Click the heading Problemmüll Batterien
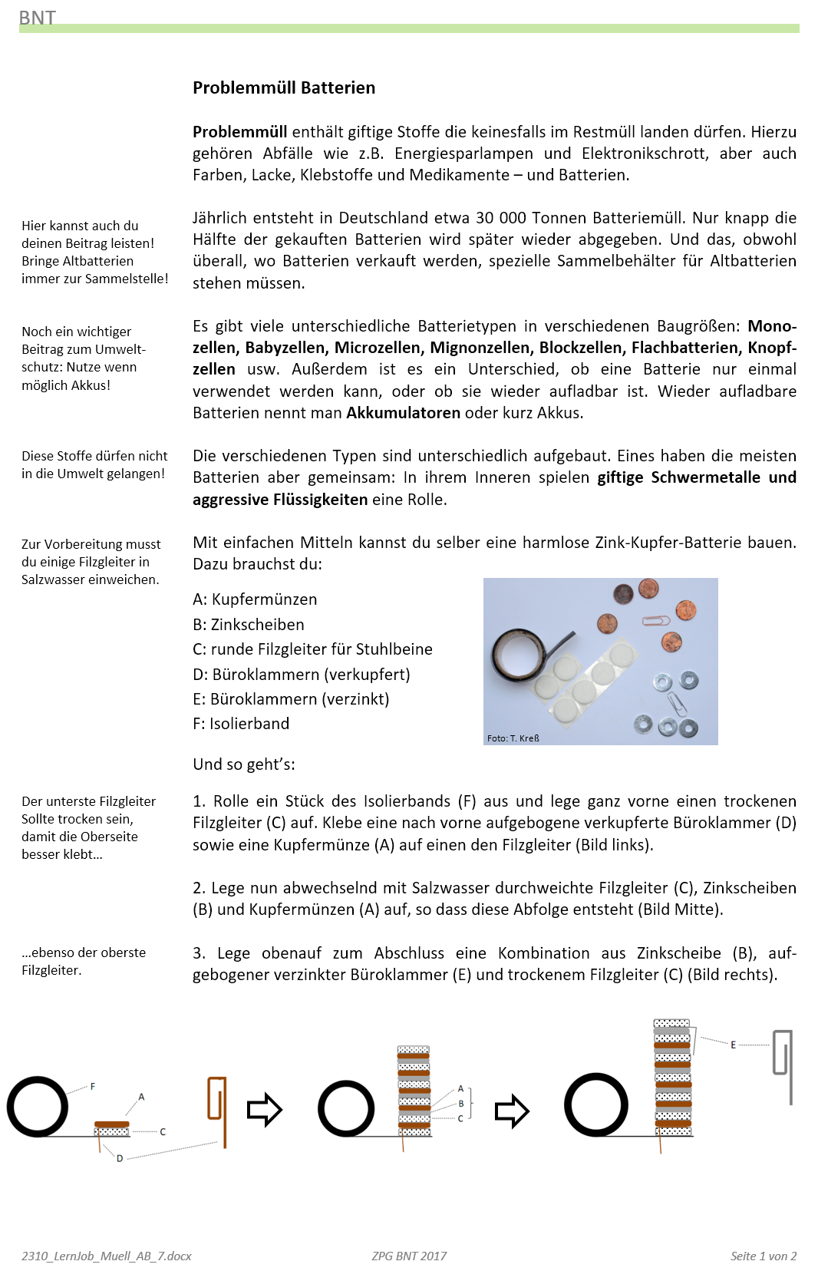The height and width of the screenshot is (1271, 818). [283, 87]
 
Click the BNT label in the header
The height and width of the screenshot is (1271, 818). [37, 18]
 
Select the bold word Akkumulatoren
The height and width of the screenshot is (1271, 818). [403, 413]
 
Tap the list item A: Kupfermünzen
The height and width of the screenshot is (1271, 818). [254, 599]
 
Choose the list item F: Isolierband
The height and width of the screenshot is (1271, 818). [240, 724]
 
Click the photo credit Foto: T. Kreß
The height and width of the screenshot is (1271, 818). [513, 738]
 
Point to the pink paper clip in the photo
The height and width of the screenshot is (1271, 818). [655, 620]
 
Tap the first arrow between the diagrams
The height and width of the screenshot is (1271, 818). [265, 1110]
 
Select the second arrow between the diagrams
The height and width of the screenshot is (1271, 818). [512, 1111]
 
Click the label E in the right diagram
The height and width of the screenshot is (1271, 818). [733, 1045]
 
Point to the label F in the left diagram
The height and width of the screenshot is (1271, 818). [93, 1087]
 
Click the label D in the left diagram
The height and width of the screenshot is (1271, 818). [120, 1158]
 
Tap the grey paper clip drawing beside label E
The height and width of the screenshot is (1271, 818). [783, 1063]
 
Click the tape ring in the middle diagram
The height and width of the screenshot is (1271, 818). [346, 1108]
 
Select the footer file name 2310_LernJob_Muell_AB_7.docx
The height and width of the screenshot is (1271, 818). [107, 1256]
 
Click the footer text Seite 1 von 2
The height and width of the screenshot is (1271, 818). [763, 1256]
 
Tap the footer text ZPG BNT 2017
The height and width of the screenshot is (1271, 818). [409, 1256]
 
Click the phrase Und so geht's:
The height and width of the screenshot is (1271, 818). [244, 764]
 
